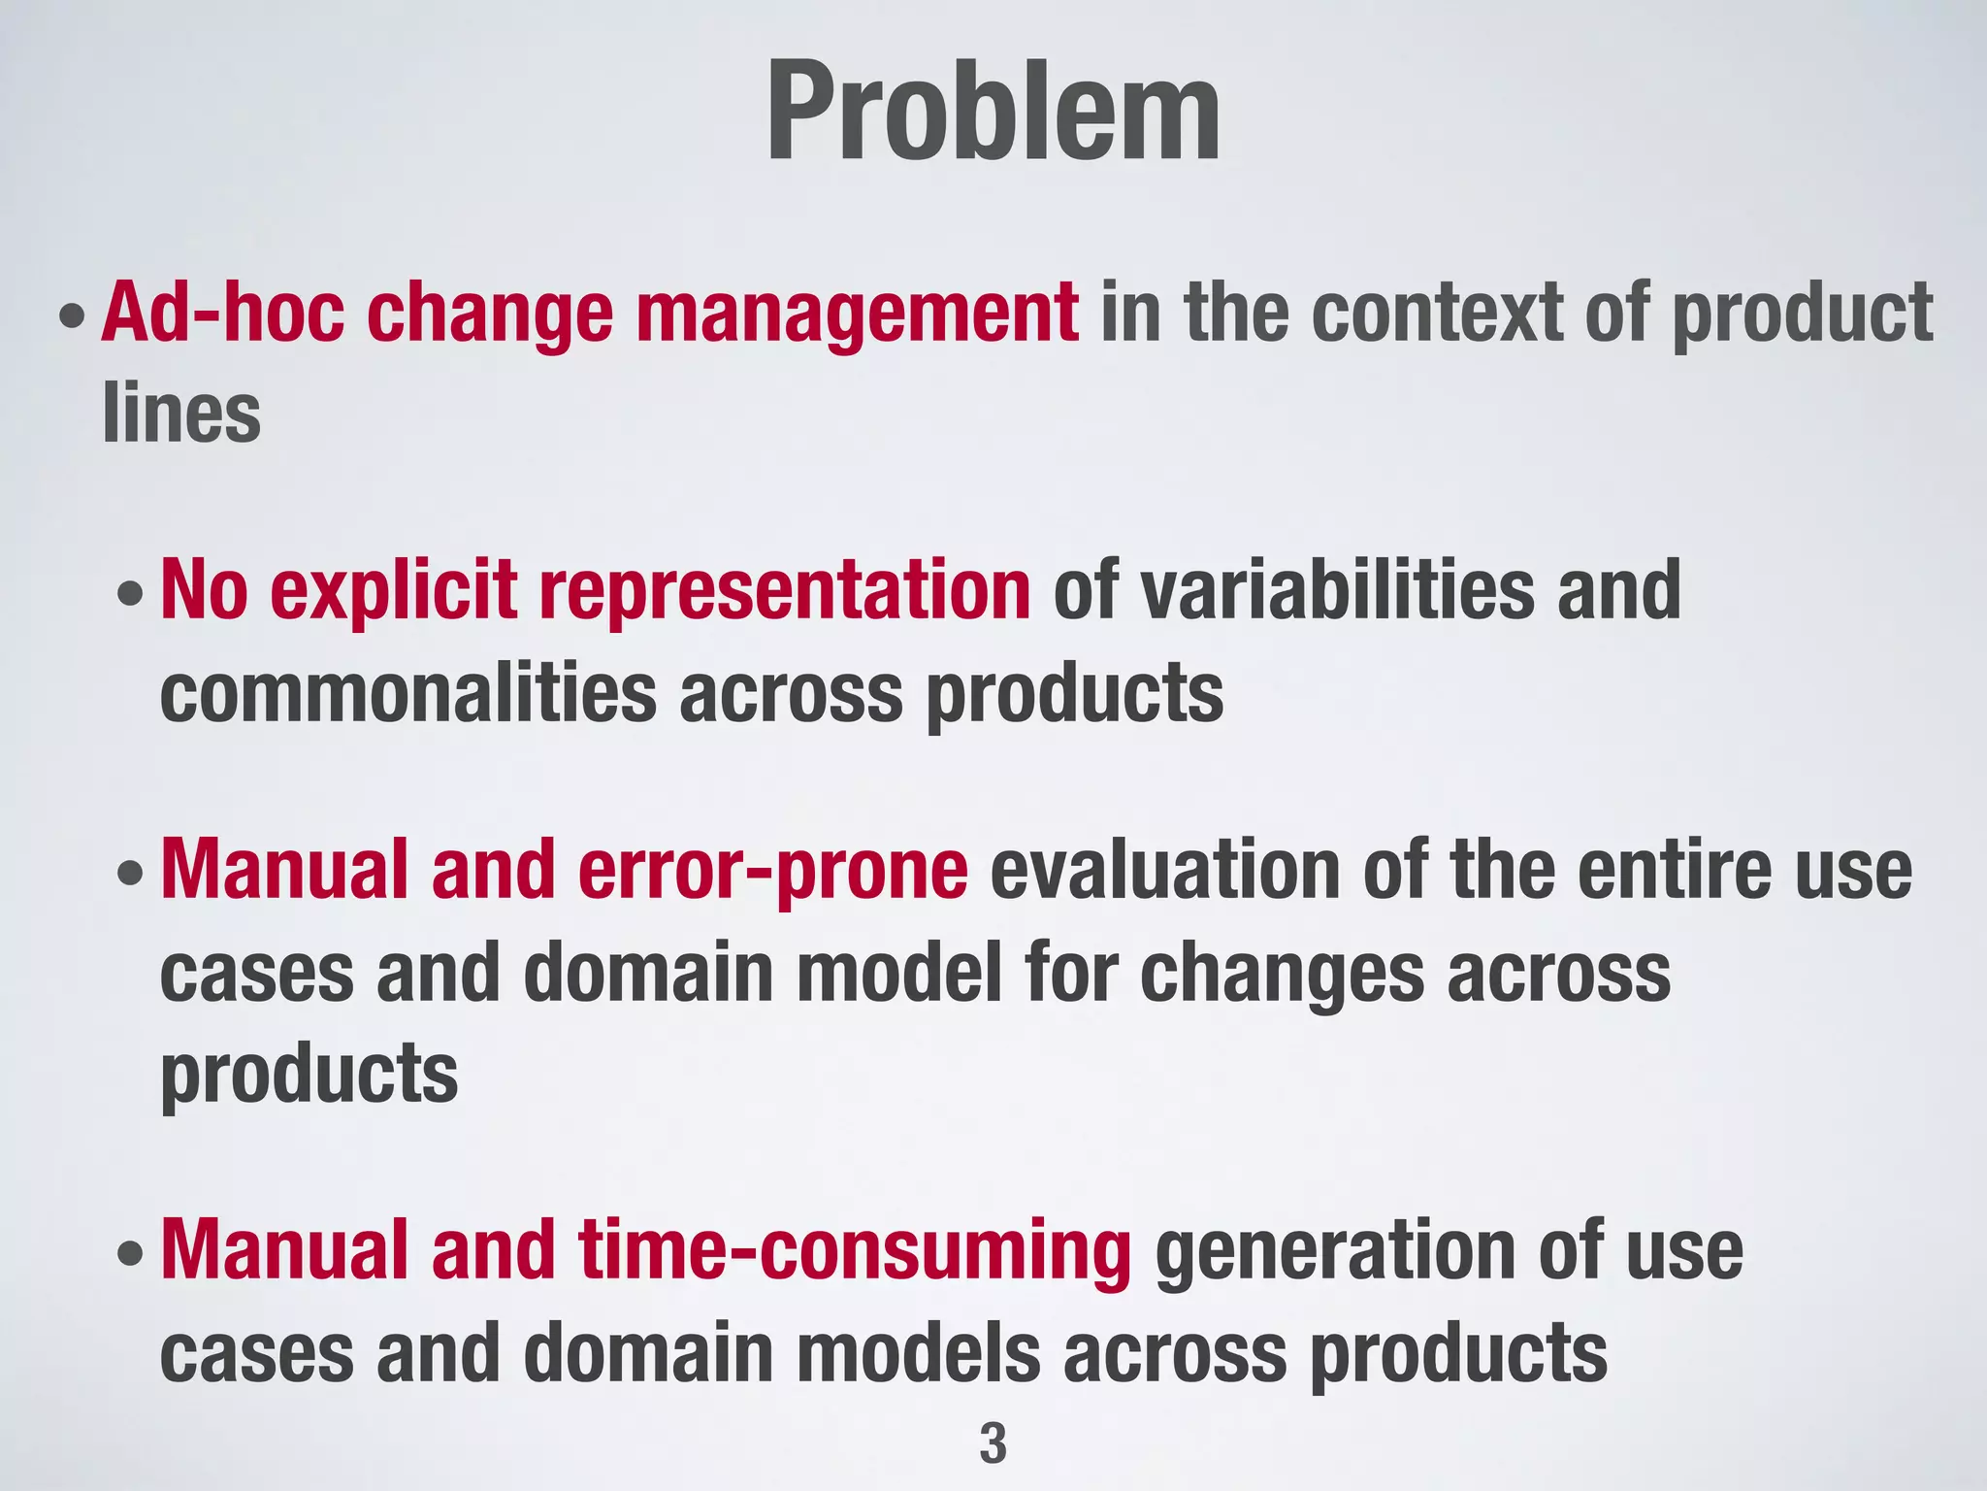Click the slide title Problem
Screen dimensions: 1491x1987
click(993, 112)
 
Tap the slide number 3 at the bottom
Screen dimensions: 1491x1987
click(993, 1443)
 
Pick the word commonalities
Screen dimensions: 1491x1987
click(408, 694)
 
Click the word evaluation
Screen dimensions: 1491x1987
click(1164, 871)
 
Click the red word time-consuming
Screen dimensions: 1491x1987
click(855, 1251)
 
